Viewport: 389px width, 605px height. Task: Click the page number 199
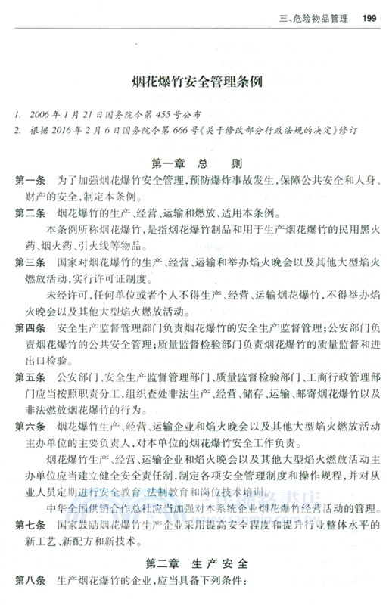(x=370, y=19)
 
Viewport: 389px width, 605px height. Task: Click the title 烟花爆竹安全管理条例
(x=192, y=81)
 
